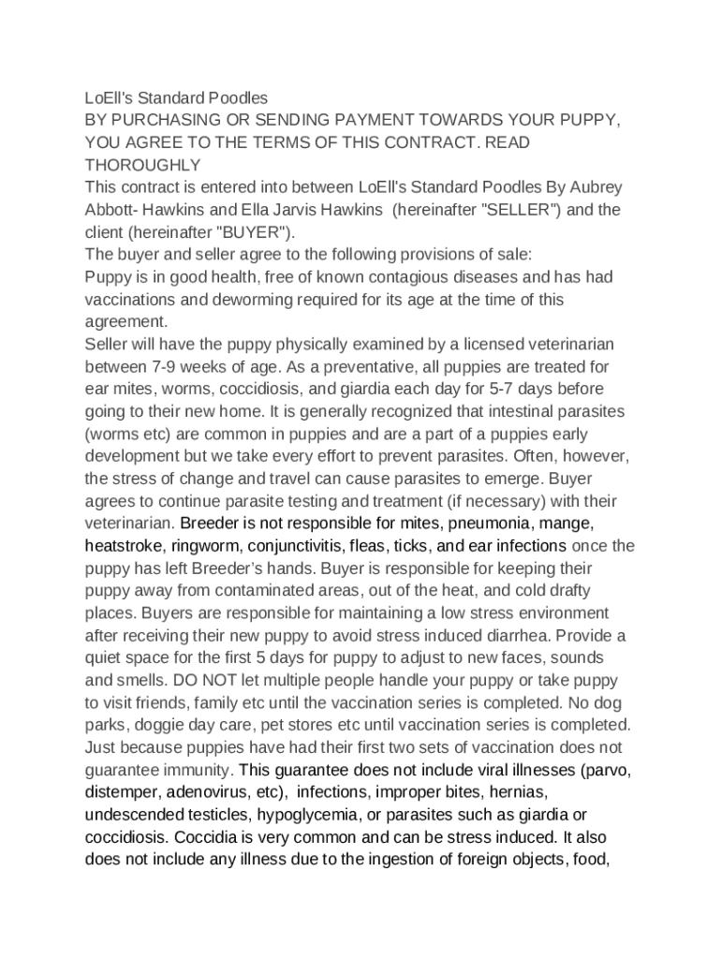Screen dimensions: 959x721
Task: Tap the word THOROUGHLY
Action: [142, 165]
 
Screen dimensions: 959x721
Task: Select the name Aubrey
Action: [596, 187]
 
